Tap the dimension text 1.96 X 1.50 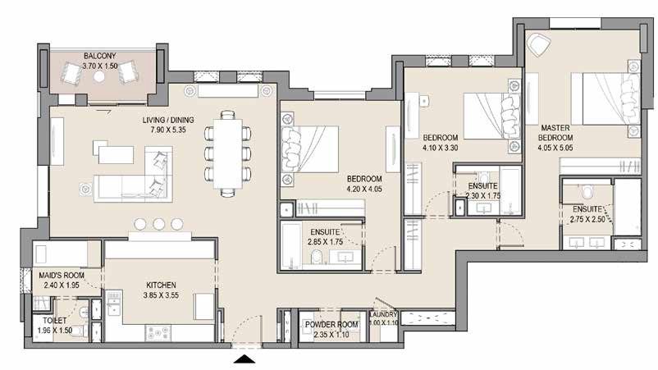tap(55, 331)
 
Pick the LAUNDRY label tap(383, 314)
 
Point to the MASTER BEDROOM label tap(556, 133)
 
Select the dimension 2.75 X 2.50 tap(589, 220)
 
